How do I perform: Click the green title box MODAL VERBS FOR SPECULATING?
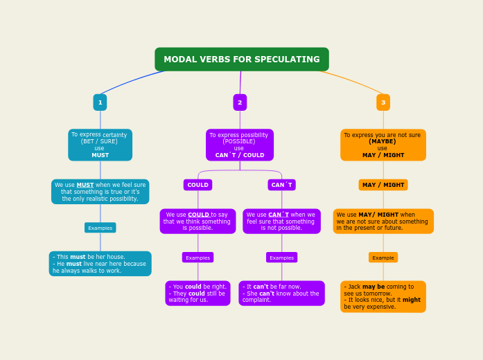click(x=241, y=60)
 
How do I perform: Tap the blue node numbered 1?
click(x=100, y=102)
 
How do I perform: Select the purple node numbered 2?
click(x=240, y=102)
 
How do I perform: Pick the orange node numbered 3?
click(x=383, y=102)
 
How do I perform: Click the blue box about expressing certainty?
click(x=100, y=145)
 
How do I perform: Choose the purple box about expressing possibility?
click(x=240, y=145)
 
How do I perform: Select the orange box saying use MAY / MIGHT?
click(x=383, y=145)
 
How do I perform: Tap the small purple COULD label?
click(x=197, y=185)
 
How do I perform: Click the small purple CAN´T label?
click(x=281, y=185)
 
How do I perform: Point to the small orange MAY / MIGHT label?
click(x=383, y=185)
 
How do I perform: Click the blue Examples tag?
click(x=100, y=228)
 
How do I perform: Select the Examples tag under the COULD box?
click(x=197, y=258)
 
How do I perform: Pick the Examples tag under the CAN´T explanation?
click(x=281, y=258)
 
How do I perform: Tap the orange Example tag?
click(x=383, y=258)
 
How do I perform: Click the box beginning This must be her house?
click(x=100, y=264)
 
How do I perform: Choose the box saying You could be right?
click(x=197, y=293)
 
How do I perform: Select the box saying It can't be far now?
click(x=281, y=293)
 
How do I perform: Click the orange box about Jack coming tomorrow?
click(x=383, y=296)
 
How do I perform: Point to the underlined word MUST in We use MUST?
click(x=85, y=185)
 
